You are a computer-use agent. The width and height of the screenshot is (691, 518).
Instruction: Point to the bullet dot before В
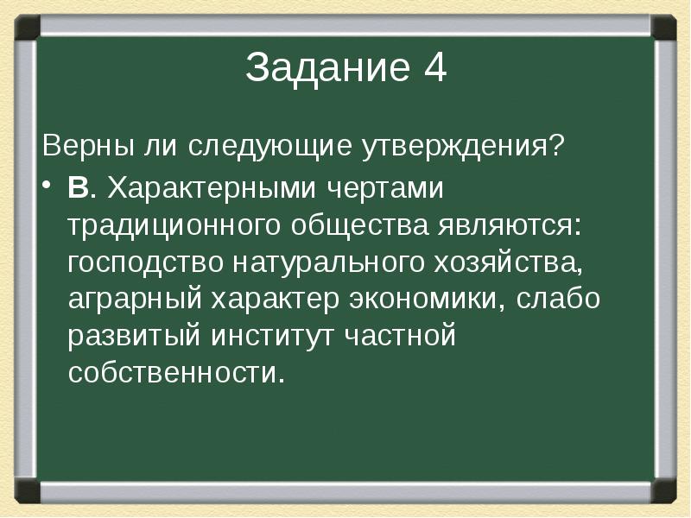[x=49, y=188]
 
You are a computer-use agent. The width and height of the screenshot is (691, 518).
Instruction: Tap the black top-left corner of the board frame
[x=26, y=25]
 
